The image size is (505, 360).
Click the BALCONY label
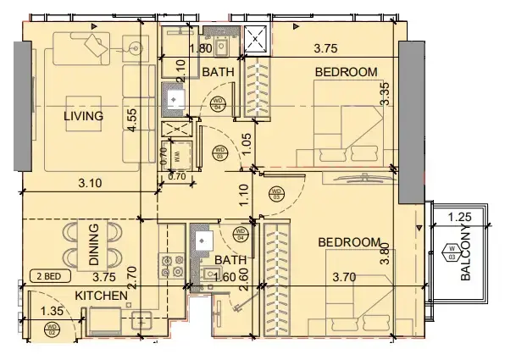464,253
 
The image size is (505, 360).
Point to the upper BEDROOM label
346,72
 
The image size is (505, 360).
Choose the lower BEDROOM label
350,242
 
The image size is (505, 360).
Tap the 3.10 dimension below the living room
90,180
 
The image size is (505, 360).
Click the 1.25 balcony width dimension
458,216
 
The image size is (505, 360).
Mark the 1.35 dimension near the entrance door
53,311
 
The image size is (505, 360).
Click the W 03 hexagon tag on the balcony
450,251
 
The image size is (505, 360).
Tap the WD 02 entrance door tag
52,328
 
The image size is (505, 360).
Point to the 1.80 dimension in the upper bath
200,49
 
